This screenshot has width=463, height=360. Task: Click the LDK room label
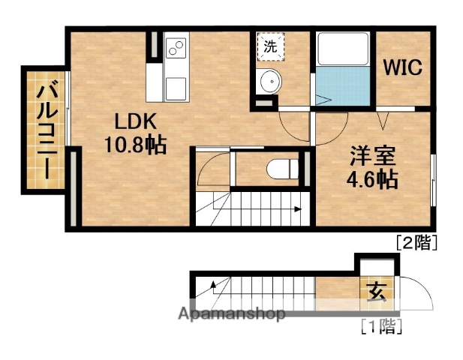pos(136,120)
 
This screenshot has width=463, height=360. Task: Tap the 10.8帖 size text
pos(136,145)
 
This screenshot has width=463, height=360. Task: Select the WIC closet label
pos(403,67)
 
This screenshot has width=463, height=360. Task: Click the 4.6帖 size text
pos(372,180)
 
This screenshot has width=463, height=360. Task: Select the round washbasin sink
pos(268,82)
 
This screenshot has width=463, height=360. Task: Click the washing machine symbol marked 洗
pos(269,46)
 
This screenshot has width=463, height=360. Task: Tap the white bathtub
pos(343,49)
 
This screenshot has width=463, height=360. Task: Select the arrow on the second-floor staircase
pos(299,209)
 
